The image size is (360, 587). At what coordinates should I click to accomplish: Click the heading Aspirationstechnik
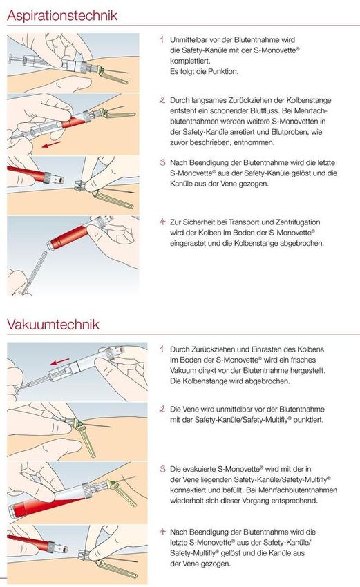point(61,15)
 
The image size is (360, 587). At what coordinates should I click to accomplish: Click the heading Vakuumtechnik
point(53,324)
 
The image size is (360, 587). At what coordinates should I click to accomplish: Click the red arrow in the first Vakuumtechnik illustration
point(60,362)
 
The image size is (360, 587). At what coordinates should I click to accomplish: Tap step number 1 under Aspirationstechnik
point(162,39)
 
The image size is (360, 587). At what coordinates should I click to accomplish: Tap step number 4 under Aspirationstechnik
point(162,222)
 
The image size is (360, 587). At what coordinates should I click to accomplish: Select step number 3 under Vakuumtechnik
point(162,468)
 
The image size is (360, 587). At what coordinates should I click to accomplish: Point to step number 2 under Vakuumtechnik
point(162,409)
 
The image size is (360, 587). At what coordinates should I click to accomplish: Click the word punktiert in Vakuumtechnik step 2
point(308,420)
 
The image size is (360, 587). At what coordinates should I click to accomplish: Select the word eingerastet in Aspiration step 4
point(188,243)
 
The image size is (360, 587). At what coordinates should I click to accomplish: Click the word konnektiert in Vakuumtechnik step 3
point(189,490)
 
